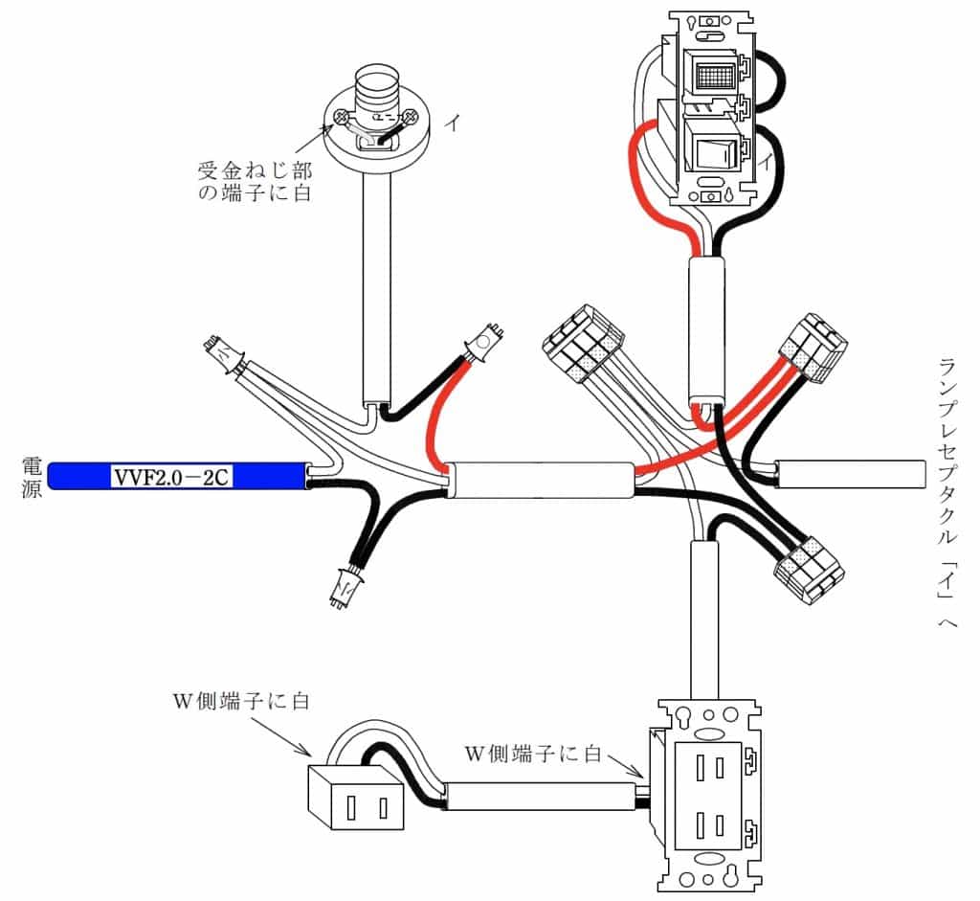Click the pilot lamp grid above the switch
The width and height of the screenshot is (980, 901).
[710, 75]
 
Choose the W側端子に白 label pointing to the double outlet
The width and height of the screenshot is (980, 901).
[532, 754]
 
